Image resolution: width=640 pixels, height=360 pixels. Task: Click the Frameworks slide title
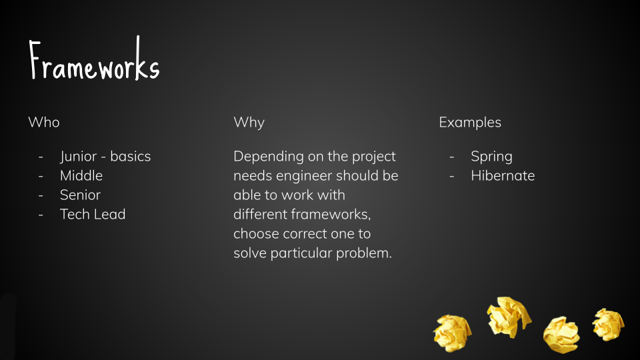94,59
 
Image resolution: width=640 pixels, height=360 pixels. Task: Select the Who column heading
44,122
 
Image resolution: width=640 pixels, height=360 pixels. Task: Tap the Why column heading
249,123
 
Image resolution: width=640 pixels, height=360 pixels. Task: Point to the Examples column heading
470,123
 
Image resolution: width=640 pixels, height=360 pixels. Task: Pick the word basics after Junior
130,156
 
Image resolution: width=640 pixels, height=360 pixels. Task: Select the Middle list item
81,175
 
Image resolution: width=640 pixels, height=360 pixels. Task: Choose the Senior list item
80,195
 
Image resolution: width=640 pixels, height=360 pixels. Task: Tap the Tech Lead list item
93,214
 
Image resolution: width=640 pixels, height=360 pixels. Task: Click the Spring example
491,157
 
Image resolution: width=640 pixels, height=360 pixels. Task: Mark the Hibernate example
503,175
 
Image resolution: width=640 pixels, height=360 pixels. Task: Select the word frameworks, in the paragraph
331,215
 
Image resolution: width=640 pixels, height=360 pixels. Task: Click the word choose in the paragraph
256,234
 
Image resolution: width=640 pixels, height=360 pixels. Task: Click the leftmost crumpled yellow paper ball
452,333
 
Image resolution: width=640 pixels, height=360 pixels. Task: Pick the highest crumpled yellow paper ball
509,317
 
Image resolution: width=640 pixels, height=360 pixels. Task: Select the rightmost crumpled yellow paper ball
608,325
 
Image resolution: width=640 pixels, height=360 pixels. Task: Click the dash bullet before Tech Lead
41,215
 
